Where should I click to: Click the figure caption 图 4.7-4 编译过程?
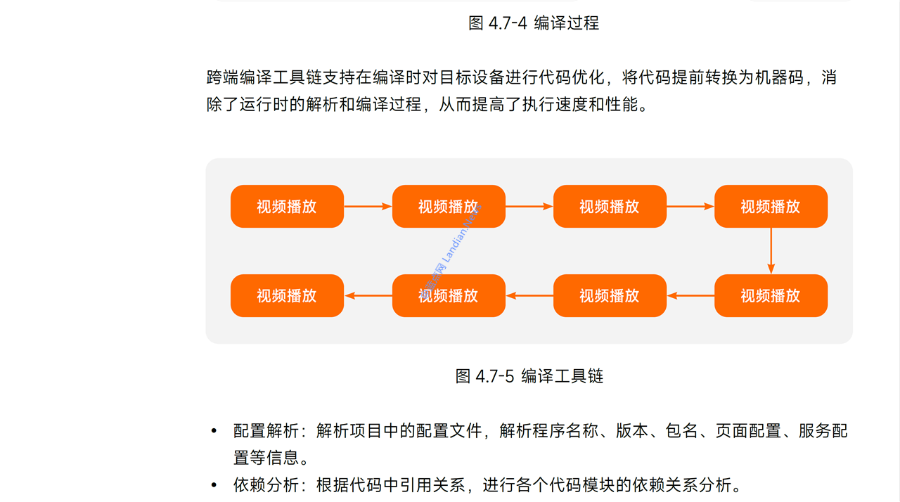pos(534,23)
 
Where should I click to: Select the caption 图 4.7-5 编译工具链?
pos(529,376)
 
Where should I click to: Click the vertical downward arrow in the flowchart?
pos(771,251)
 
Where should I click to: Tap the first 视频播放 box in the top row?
pos(288,207)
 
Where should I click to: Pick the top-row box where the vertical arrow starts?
pos(771,207)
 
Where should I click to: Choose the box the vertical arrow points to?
pos(771,295)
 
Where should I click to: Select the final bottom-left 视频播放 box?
pos(288,295)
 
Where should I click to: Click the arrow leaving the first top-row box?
pos(368,207)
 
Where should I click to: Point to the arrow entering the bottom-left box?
pos(368,295)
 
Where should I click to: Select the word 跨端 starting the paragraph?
pos(223,77)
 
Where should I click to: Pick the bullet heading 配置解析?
pos(266,431)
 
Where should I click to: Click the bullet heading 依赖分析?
pos(266,485)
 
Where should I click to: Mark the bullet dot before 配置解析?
pos(214,431)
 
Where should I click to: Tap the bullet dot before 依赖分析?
pos(214,486)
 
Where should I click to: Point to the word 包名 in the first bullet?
pos(681,431)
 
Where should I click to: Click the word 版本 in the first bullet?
pos(632,431)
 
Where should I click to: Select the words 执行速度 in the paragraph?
pos(555,105)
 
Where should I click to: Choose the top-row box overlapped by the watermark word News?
pos(449,207)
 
